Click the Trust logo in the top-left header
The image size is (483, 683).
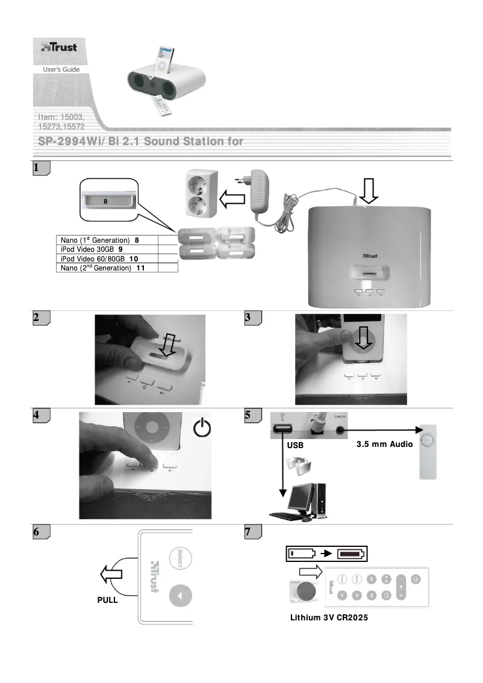click(58, 47)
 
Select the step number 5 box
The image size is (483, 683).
click(253, 415)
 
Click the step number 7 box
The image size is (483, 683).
click(253, 532)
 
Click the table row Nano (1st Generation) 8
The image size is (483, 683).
click(107, 240)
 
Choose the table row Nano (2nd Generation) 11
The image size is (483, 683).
click(107, 267)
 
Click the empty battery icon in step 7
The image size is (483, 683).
click(300, 554)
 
